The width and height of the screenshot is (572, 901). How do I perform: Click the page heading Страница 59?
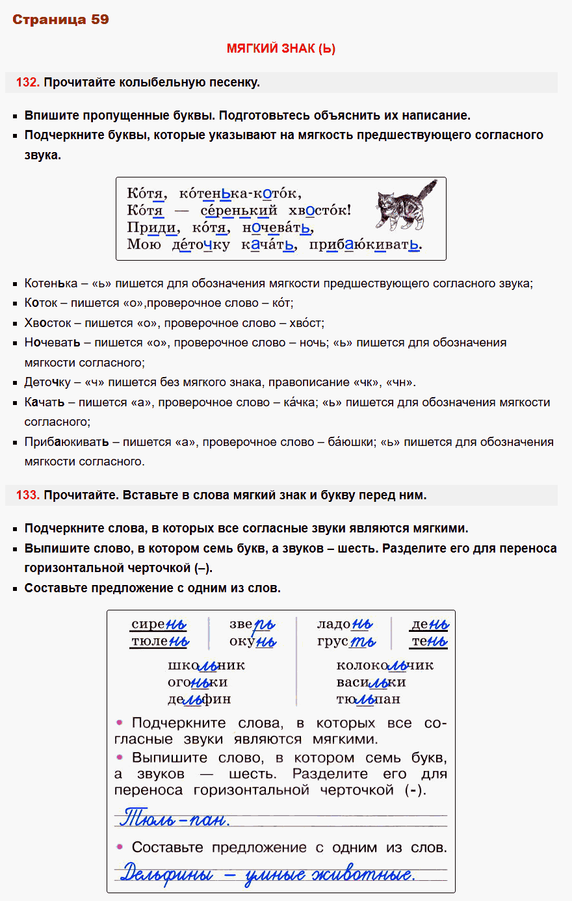coord(60,20)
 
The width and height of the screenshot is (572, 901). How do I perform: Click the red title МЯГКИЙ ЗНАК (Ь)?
coord(281,49)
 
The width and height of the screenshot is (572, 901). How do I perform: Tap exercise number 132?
coord(28,83)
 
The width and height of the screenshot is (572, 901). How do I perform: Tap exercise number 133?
coord(28,495)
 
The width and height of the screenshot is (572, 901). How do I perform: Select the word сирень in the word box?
coord(159,625)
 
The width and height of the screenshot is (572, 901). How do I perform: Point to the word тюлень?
coord(160,642)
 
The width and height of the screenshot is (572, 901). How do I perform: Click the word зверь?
coord(252,625)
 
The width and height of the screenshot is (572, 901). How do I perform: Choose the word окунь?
coord(252,642)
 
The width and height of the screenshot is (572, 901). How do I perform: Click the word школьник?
coord(206,666)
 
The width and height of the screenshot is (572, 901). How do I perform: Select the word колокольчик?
coord(385,666)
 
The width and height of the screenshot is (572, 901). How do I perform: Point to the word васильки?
coord(371,683)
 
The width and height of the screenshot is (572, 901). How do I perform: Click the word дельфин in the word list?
coord(199,699)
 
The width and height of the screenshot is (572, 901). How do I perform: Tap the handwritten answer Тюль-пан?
coord(174,818)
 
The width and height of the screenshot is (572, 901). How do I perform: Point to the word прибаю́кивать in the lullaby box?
coord(365,245)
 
